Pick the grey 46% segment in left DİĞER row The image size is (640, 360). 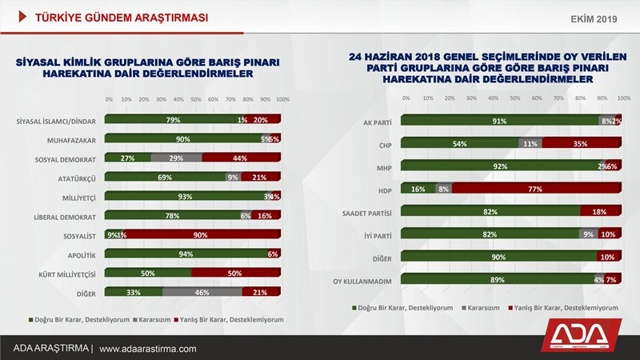(202, 293)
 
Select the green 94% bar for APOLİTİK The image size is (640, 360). (186, 254)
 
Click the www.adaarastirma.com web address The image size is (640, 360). (148, 349)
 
